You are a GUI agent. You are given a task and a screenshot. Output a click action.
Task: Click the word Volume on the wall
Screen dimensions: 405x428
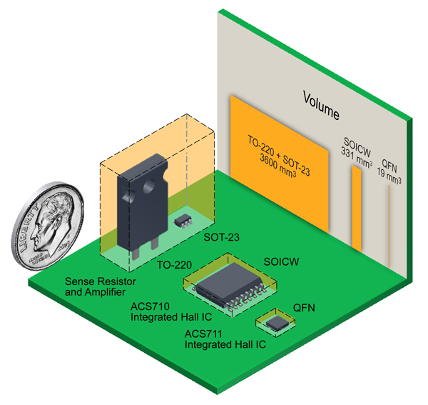[x=321, y=105]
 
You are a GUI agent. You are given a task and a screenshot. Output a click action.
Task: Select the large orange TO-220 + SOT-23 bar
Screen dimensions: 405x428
[x=278, y=171]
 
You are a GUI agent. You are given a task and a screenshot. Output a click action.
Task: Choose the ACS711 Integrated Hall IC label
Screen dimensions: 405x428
[x=225, y=338]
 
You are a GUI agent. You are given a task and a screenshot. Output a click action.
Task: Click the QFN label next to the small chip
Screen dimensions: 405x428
[x=304, y=309]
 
